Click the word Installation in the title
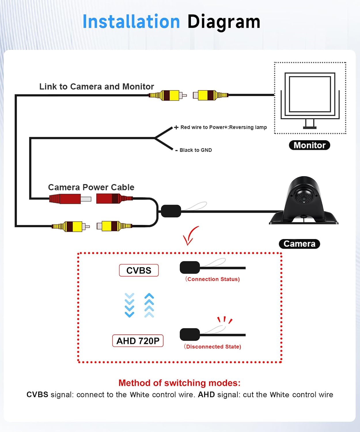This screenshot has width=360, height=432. (x=131, y=22)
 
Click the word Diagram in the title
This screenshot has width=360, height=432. (x=224, y=22)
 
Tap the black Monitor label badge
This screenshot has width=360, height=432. (x=309, y=145)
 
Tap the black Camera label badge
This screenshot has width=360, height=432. (x=300, y=244)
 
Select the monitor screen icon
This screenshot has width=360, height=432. (x=310, y=101)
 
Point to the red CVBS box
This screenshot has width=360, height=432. (x=139, y=270)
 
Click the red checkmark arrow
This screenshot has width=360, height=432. (x=191, y=236)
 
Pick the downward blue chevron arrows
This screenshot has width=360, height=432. (x=130, y=305)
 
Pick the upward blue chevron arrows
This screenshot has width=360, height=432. (x=149, y=305)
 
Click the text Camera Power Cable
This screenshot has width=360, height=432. (x=91, y=187)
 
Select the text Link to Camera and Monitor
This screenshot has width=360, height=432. (x=96, y=86)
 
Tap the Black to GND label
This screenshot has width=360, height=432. (x=194, y=150)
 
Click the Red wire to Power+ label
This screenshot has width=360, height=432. (x=220, y=127)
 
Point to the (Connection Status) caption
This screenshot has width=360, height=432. (x=213, y=279)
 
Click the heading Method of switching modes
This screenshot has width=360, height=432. (x=179, y=383)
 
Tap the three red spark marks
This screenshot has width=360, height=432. (x=225, y=320)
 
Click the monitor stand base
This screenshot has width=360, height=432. (x=310, y=128)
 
